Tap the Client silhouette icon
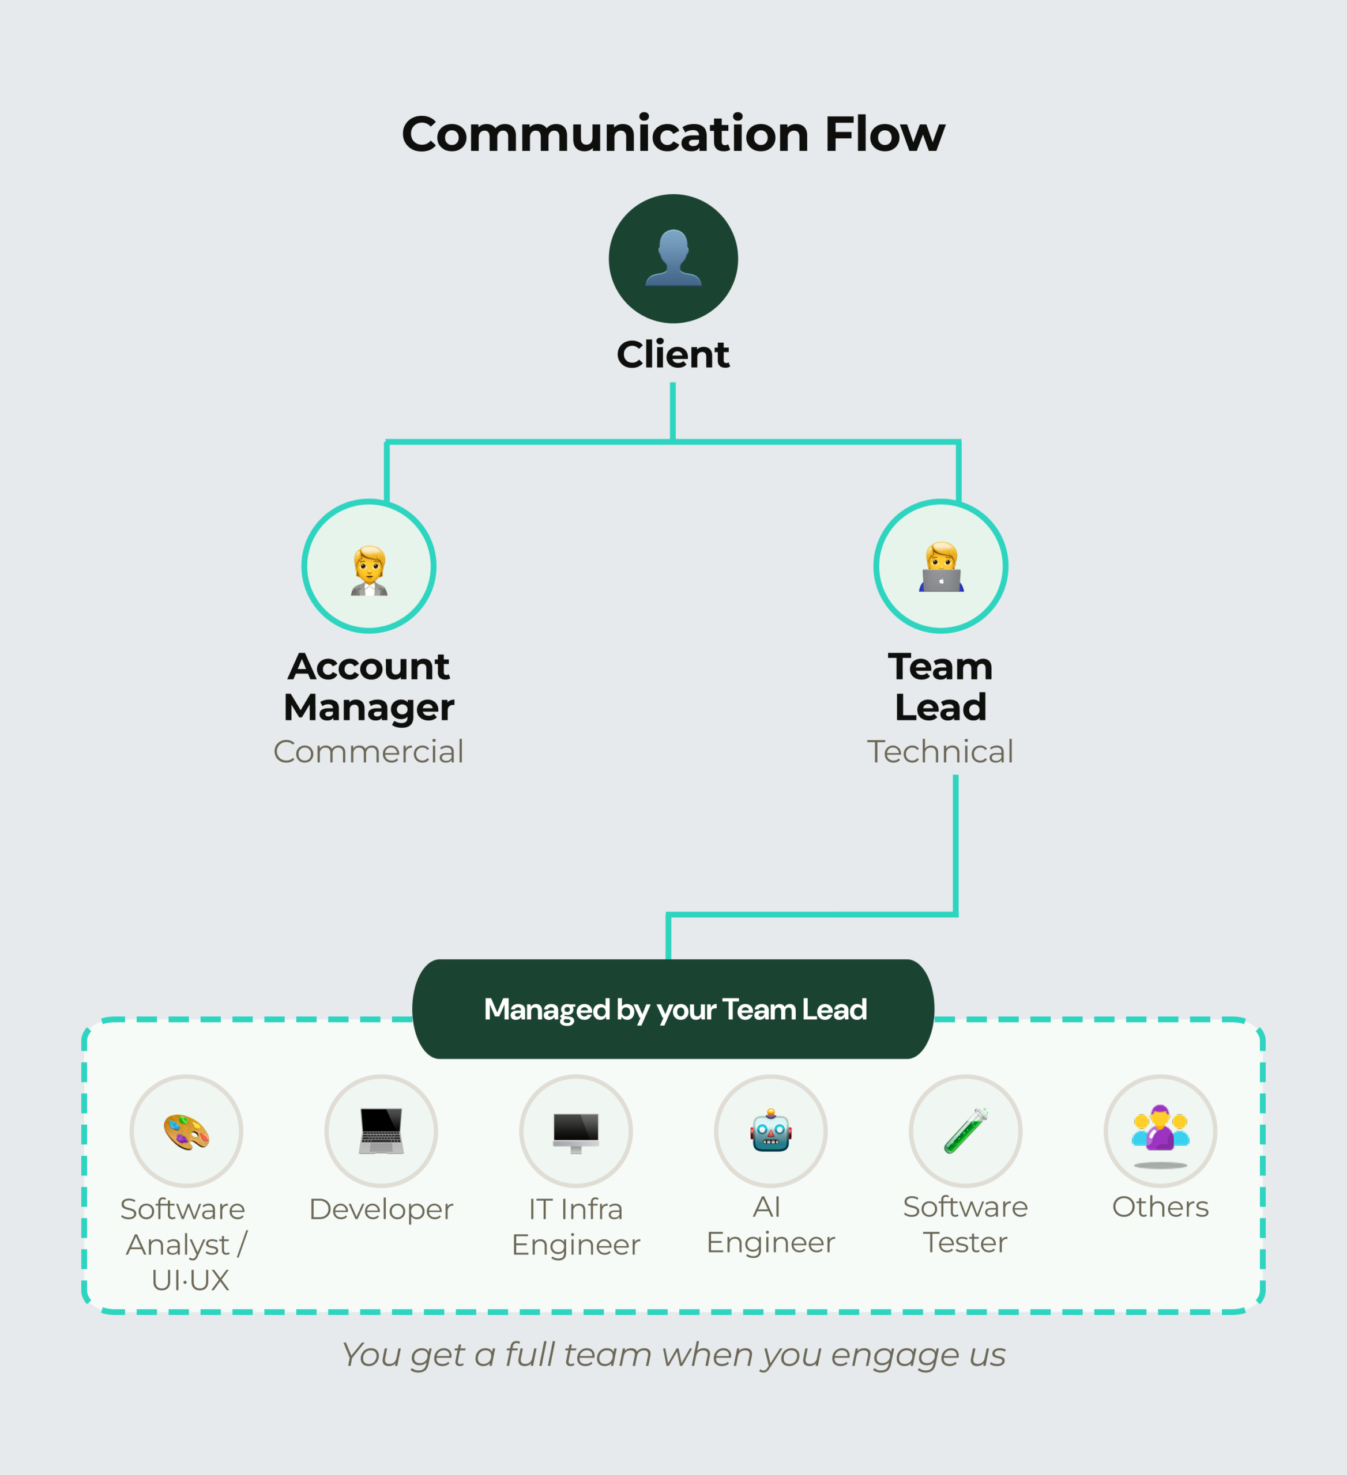click(x=673, y=258)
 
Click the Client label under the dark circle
click(x=673, y=355)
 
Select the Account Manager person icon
click(x=369, y=570)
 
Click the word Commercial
click(x=368, y=751)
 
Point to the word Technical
click(x=940, y=751)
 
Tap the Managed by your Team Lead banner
click(x=673, y=1009)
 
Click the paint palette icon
click(x=186, y=1132)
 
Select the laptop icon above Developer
click(x=381, y=1131)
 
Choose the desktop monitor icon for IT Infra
click(x=576, y=1132)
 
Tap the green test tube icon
click(x=966, y=1131)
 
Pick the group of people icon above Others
click(x=1160, y=1130)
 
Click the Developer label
click(x=381, y=1209)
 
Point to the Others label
click(x=1160, y=1207)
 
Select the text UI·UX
click(x=190, y=1280)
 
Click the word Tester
click(x=965, y=1242)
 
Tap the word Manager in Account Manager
click(x=369, y=708)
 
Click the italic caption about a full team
click(x=673, y=1354)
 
